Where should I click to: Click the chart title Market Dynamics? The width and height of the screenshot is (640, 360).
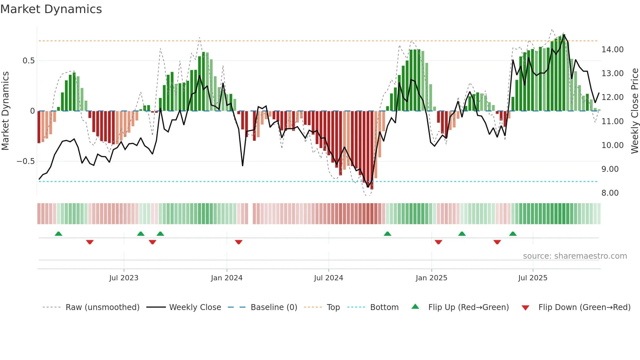point(51,9)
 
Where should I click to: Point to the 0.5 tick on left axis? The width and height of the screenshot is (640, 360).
point(28,61)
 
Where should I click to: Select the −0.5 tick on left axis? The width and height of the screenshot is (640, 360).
point(25,161)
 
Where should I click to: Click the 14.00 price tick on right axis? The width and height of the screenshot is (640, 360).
point(612,50)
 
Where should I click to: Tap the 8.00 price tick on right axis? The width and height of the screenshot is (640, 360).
point(610,193)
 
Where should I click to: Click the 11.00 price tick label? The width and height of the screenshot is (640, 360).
point(612,122)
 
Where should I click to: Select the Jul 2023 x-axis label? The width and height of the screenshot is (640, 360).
point(124,278)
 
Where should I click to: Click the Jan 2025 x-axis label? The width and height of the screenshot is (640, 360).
point(431,278)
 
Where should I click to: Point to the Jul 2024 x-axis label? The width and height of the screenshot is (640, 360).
point(328,278)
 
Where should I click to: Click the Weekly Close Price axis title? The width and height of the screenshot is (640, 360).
point(634,111)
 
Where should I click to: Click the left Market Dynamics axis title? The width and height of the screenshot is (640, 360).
point(5,111)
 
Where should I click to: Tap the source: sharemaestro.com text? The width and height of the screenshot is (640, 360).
point(575,256)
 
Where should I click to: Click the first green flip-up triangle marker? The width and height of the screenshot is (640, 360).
point(58,234)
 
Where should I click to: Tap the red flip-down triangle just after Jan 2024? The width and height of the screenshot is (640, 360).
point(239,242)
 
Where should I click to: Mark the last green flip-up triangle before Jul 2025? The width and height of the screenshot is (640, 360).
point(513,234)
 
